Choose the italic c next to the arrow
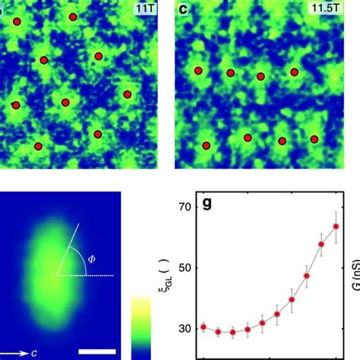[33, 353]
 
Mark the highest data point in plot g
[336, 226]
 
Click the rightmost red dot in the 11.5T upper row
[294, 71]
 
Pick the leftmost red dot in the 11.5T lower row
[205, 145]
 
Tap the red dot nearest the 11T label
[94, 16]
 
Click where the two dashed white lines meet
[55, 275]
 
